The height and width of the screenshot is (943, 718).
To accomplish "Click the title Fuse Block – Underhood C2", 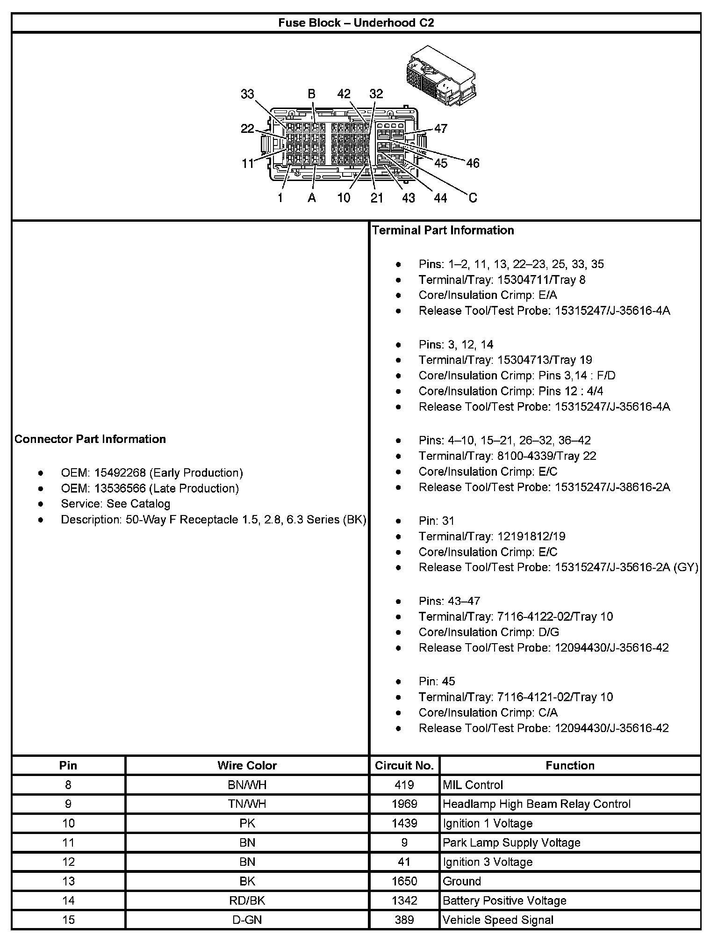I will pyautogui.click(x=356, y=23).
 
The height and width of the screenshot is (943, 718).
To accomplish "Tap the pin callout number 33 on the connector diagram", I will pyautogui.click(x=247, y=94).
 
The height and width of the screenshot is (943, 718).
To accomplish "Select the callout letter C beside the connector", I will pyautogui.click(x=473, y=198).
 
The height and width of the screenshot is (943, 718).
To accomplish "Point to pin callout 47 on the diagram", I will pyautogui.click(x=440, y=128).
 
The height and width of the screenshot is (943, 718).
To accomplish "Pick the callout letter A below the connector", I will pyautogui.click(x=312, y=198).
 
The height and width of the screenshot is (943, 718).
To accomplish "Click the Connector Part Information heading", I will pyautogui.click(x=90, y=439).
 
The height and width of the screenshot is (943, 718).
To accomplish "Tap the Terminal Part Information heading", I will pyautogui.click(x=443, y=230).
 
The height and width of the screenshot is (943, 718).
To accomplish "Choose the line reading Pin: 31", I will pyautogui.click(x=436, y=521).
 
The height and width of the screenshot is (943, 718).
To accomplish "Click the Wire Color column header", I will pyautogui.click(x=247, y=766).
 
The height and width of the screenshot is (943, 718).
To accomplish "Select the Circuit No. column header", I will pyautogui.click(x=404, y=766).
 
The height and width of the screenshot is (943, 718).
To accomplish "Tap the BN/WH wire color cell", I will pyautogui.click(x=247, y=785).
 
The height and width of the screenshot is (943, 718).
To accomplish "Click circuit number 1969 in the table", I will pyautogui.click(x=404, y=804).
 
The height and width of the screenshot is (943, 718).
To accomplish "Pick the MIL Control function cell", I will pyautogui.click(x=473, y=785).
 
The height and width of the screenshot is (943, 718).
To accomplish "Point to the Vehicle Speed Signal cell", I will pyautogui.click(x=498, y=920).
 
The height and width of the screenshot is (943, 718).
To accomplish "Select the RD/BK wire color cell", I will pyautogui.click(x=247, y=901).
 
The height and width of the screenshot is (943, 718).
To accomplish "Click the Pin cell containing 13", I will pyautogui.click(x=68, y=881).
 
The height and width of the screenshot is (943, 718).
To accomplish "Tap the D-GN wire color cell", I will pyautogui.click(x=247, y=920).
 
